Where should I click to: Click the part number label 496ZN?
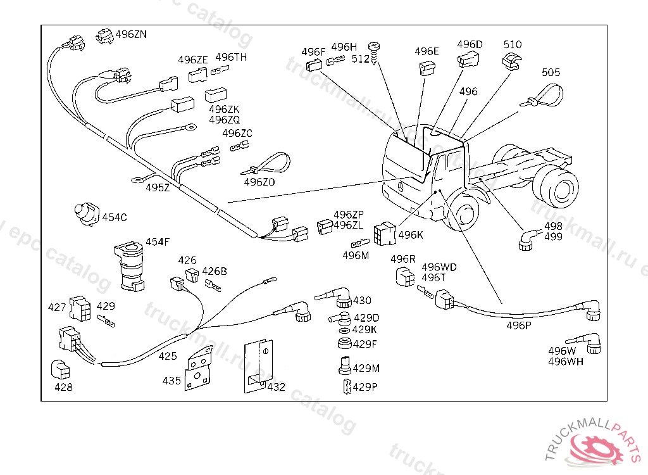130,35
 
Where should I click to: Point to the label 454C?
115,217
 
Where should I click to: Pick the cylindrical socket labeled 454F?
128,267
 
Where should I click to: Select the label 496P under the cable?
518,326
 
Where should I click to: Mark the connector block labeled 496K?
385,234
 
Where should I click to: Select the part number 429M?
366,368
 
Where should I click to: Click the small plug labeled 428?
59,369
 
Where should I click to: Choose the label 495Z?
158,187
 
